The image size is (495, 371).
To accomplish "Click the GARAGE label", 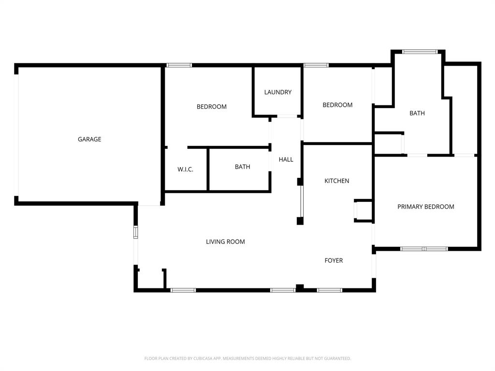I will pos(89,139).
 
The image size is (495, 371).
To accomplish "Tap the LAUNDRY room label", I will pos(278,92).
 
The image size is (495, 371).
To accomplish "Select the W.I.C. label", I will pos(185,169).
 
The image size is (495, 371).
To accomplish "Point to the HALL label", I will pos(286,159).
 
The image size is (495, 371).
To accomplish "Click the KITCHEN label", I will pos(336,181).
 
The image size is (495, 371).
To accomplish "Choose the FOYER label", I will pos(334,260).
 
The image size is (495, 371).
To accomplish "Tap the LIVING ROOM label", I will pos(225,242).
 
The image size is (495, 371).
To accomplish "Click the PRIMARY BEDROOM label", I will pos(425,207).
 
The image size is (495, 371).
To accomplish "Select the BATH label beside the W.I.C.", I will pos(243,167).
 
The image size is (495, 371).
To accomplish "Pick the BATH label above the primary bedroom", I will pos(417,114).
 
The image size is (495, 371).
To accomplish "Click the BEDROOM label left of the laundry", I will pos(212,107).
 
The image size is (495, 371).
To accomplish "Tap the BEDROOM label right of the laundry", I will pos(337,105).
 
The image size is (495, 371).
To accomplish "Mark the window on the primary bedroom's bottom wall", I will pos(424,249).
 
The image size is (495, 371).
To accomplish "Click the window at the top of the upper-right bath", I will pos(420,51).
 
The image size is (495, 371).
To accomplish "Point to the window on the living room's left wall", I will pos(136,232).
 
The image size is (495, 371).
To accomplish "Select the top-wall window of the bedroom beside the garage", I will pos(179,65).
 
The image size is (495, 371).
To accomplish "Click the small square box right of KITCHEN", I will pos(363,211).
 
